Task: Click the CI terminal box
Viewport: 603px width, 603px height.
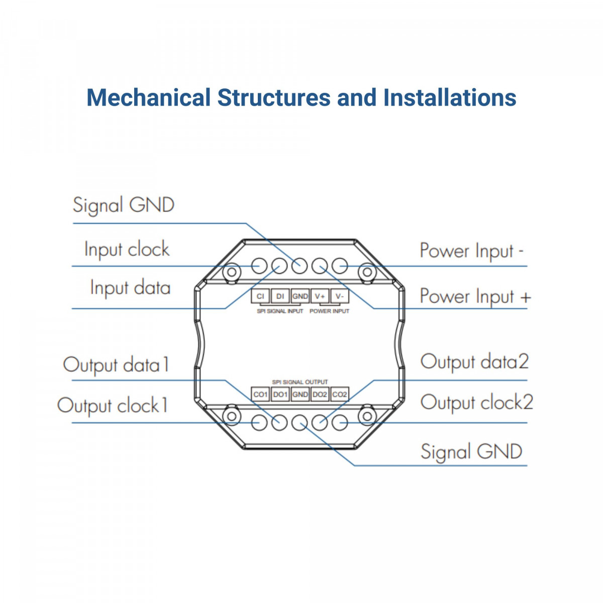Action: pyautogui.click(x=260, y=296)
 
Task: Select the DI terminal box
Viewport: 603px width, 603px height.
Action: pyautogui.click(x=280, y=296)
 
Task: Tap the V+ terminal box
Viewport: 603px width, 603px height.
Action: pyautogui.click(x=320, y=296)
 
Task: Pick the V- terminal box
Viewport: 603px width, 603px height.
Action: pyautogui.click(x=340, y=296)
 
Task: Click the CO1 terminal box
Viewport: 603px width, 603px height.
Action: pyautogui.click(x=260, y=394)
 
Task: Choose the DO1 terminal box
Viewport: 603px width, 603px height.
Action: pyautogui.click(x=280, y=394)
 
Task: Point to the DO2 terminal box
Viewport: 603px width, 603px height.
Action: pyautogui.click(x=320, y=394)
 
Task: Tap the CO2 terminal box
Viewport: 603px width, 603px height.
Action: pyautogui.click(x=340, y=394)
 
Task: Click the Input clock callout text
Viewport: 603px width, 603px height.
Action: pyautogui.click(x=127, y=250)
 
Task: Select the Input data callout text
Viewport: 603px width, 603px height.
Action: pyautogui.click(x=130, y=288)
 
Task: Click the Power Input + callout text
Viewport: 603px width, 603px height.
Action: pyautogui.click(x=475, y=296)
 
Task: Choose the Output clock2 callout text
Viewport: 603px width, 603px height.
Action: pyautogui.click(x=476, y=403)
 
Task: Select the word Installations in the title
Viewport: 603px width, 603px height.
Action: pyautogui.click(x=450, y=97)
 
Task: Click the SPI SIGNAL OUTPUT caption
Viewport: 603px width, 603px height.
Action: pyautogui.click(x=300, y=382)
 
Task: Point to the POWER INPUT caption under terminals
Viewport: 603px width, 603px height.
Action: pyautogui.click(x=329, y=312)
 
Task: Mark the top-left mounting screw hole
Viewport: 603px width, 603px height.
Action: pyautogui.click(x=232, y=272)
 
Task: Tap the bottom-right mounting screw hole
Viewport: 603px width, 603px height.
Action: pyautogui.click(x=367, y=416)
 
